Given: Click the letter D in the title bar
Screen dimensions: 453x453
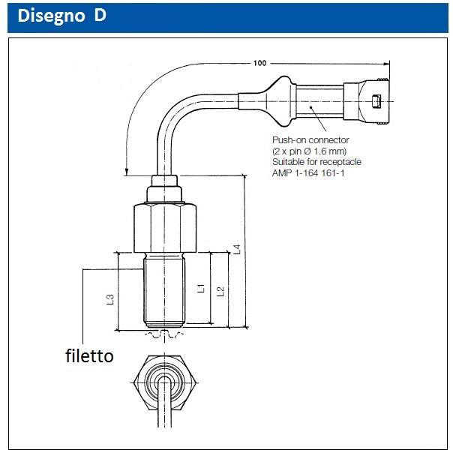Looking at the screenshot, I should click(100, 16).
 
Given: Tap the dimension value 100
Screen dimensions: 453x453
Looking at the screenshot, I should click(260, 63).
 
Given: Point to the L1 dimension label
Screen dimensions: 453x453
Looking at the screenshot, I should click(200, 287).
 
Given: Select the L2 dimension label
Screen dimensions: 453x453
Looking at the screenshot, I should click(220, 291).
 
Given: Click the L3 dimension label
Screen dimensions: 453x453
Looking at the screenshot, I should click(111, 298).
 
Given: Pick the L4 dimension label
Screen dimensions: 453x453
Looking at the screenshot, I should click(237, 249).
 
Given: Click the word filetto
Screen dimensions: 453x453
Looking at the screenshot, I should click(88, 356).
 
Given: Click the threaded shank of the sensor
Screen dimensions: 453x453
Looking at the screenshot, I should click(165, 289).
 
